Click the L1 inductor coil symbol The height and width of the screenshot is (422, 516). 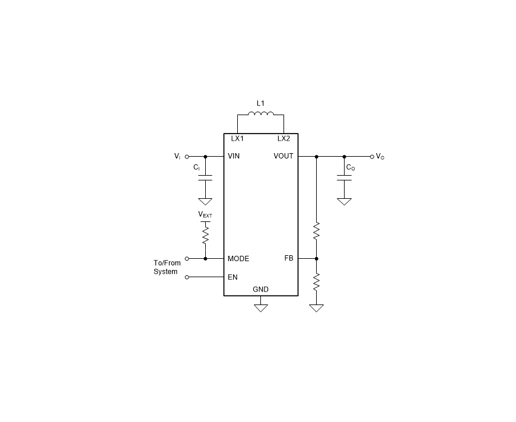coord(260,113)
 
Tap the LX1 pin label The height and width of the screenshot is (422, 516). coord(237,139)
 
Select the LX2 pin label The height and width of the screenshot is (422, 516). coord(284,139)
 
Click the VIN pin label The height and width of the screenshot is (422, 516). coord(234,156)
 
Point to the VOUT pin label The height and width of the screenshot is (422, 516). coord(284,156)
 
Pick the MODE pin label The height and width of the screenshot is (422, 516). coord(238,259)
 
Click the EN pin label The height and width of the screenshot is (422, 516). coord(232,277)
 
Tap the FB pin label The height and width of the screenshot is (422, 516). coord(289,258)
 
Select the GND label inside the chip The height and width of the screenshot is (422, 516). coord(260,289)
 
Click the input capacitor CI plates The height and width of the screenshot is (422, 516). coord(205,178)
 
